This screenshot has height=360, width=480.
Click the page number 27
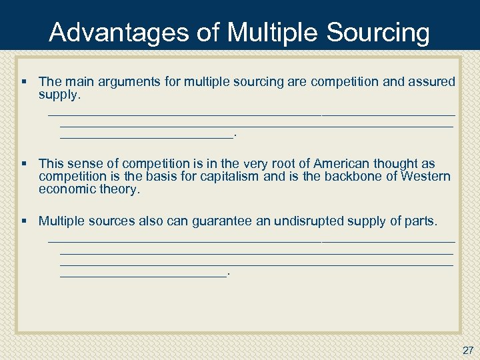[x=467, y=349]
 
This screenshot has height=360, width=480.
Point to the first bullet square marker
[x=25, y=81]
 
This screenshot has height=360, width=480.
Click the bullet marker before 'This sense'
[x=25, y=163]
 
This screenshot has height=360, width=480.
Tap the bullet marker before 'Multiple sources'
[x=25, y=221]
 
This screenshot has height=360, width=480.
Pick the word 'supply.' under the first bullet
[x=59, y=95]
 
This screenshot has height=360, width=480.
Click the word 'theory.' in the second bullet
[x=121, y=189]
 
